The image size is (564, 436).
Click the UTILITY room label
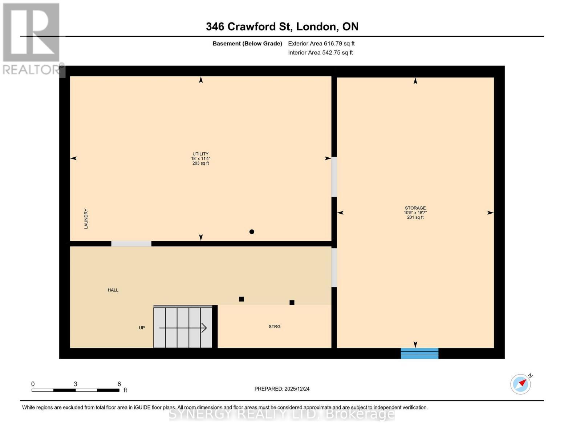200,154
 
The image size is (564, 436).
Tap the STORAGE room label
415,208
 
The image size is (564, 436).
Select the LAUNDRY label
86,218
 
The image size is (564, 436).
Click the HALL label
113,290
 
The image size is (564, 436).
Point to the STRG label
275,327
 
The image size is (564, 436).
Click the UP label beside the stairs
142,328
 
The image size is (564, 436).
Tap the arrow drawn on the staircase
183,328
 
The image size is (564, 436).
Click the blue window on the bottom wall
419,353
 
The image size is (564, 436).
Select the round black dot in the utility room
252,232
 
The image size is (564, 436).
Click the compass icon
520,384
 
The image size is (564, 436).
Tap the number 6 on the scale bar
119,384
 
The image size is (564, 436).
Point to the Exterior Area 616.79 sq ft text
321,44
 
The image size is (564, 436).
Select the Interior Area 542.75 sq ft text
320,53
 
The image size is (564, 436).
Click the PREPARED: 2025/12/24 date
282,389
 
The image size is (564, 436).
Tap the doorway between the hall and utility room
131,244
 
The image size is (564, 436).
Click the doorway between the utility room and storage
334,177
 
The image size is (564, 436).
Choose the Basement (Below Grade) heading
247,44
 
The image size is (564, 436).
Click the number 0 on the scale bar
33,384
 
